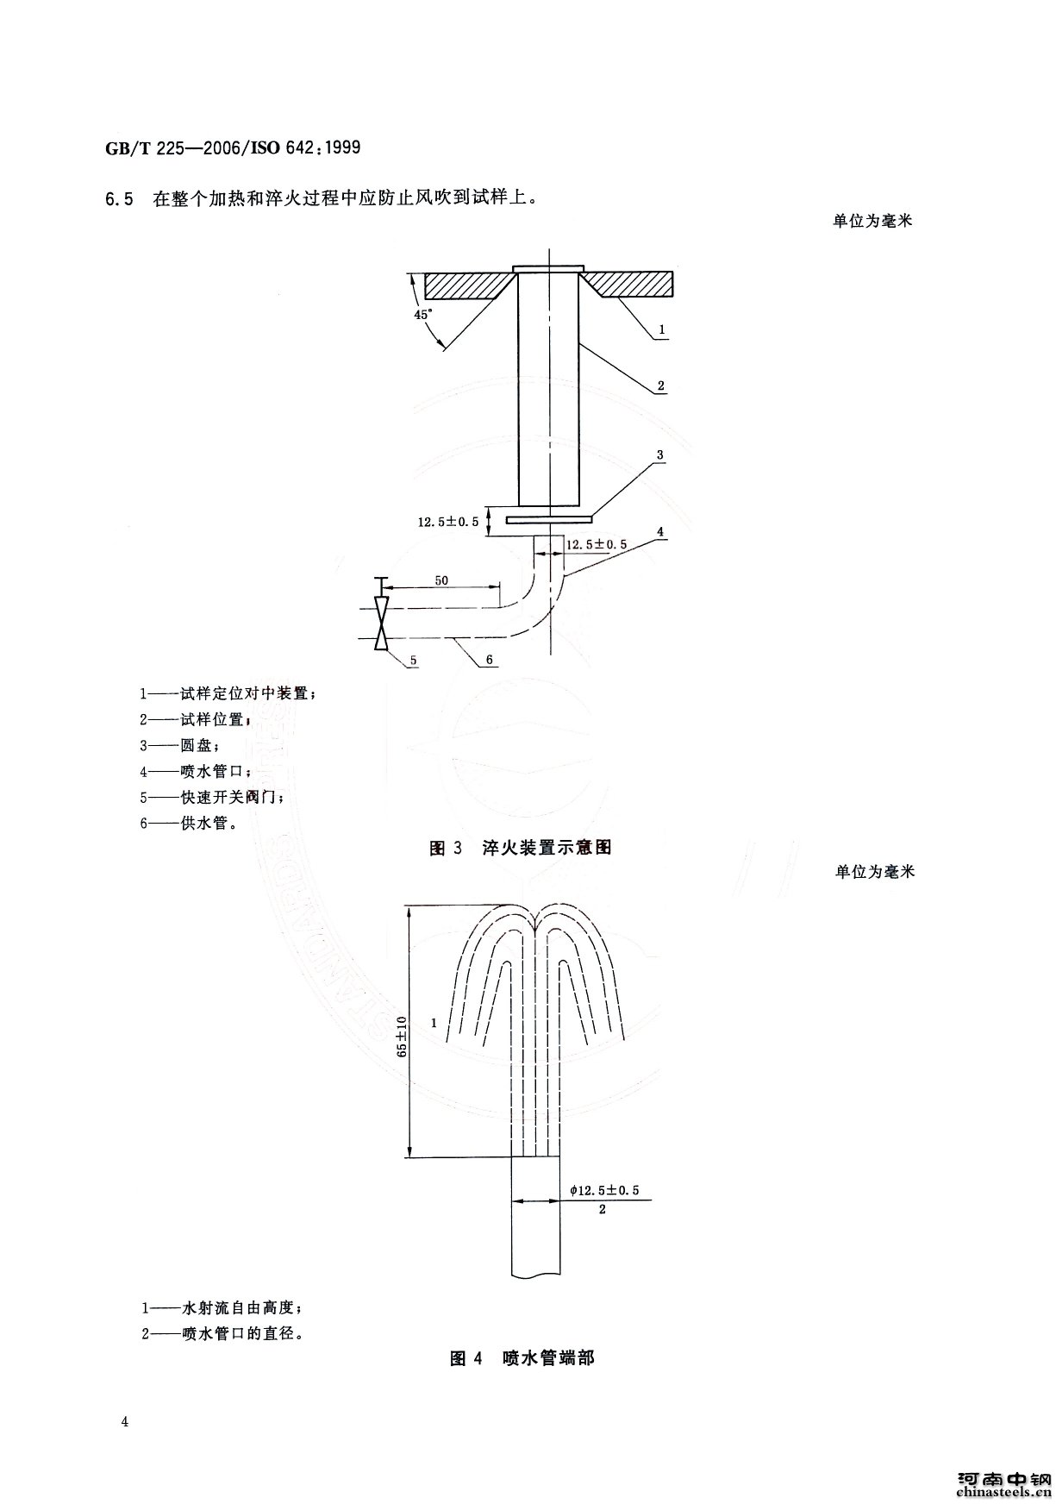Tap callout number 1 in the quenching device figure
pos(661,329)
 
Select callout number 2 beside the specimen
pos(661,386)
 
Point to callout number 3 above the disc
pos(659,454)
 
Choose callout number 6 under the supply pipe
pos(489,660)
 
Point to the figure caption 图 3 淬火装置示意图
pos(521,848)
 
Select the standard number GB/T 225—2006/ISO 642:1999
pos(233,148)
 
